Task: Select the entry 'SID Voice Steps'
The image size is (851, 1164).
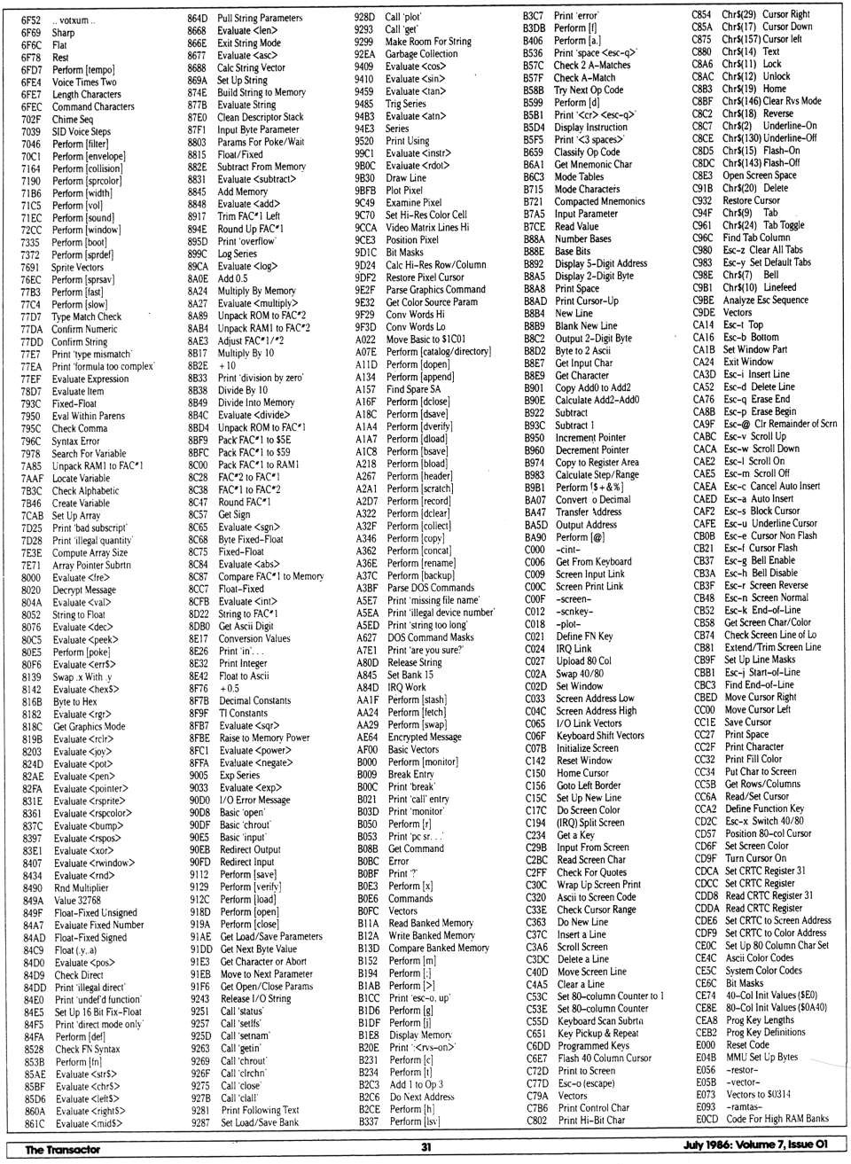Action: (x=81, y=131)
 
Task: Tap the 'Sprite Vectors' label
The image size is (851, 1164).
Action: (x=77, y=267)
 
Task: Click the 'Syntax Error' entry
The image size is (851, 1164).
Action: (x=75, y=441)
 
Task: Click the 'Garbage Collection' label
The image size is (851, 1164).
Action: (x=421, y=53)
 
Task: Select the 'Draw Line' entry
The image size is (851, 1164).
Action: (x=406, y=177)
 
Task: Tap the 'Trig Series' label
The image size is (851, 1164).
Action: (x=406, y=103)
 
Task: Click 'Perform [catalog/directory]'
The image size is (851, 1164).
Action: (x=438, y=351)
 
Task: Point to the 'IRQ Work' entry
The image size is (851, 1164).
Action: (x=407, y=687)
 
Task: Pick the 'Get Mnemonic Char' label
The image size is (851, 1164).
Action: (x=593, y=164)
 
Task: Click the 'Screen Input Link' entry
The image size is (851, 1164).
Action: (x=590, y=574)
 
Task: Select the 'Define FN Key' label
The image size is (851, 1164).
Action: (x=584, y=636)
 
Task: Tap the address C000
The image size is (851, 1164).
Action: (x=535, y=549)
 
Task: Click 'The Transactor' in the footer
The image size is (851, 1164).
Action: (x=62, y=1149)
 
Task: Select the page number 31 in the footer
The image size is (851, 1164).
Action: (x=426, y=1147)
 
